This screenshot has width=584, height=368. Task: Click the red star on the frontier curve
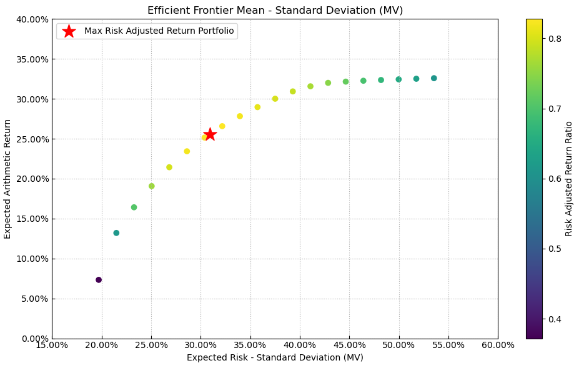click(210, 134)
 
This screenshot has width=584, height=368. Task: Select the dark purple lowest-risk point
click(99, 280)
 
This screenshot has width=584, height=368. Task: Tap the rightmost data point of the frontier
click(434, 79)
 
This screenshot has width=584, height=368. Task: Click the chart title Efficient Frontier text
click(275, 11)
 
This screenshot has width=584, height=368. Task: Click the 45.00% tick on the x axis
click(349, 345)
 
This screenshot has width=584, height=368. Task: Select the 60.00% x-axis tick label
click(498, 345)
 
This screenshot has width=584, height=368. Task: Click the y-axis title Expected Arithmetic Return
click(8, 179)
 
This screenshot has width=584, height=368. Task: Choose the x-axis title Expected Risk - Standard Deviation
click(275, 358)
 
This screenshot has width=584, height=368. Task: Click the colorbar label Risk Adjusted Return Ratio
click(569, 179)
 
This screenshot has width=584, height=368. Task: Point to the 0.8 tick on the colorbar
click(555, 39)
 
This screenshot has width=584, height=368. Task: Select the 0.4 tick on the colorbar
click(555, 319)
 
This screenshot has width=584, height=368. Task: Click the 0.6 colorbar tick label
click(555, 179)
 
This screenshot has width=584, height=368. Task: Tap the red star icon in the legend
click(69, 31)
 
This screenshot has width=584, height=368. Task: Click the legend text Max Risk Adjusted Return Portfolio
click(159, 31)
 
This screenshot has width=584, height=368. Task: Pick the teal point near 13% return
click(116, 233)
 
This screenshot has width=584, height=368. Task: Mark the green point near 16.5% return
click(134, 207)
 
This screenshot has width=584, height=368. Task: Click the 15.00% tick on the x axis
click(52, 345)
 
